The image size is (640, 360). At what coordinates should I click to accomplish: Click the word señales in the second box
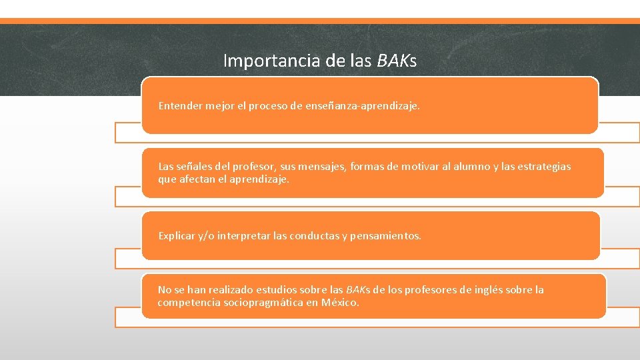click(x=195, y=167)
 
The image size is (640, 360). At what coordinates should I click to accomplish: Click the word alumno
click(x=471, y=167)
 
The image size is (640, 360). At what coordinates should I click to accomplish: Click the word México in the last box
click(x=339, y=303)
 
